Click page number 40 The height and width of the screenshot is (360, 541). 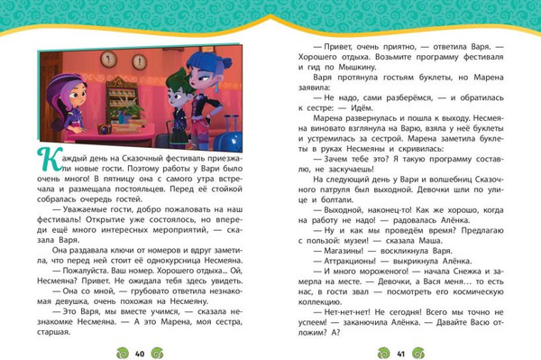[x=139, y=351]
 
